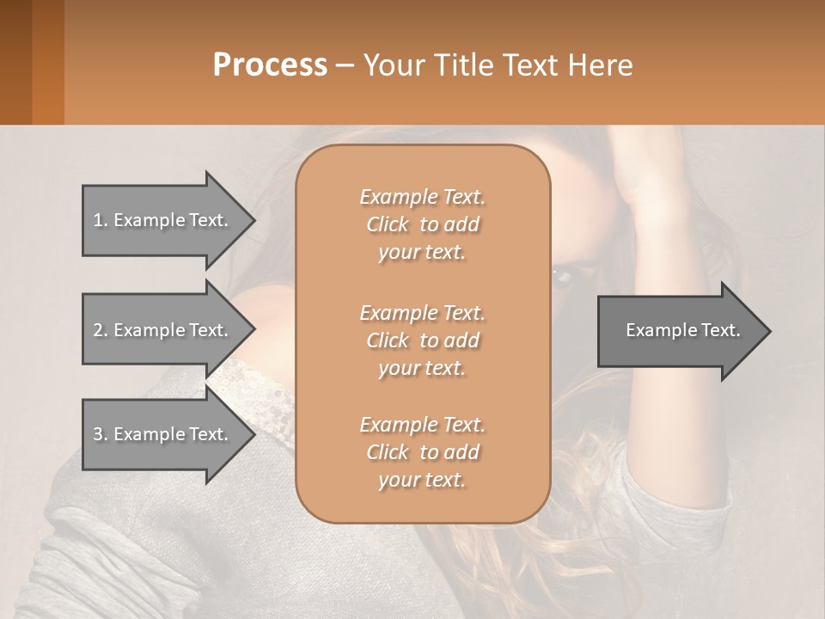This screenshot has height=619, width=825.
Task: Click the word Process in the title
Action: (270, 65)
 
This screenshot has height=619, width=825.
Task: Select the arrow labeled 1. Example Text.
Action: (163, 220)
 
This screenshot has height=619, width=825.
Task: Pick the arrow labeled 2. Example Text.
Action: (163, 330)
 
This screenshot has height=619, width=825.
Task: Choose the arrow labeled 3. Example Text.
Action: (163, 434)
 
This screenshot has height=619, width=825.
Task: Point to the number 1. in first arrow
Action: (101, 220)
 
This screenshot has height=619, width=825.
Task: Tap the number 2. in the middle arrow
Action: (101, 330)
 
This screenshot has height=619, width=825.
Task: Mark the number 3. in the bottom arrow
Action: (101, 434)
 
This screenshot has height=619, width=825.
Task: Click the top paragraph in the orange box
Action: (422, 224)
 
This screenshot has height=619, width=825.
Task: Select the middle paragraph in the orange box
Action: (422, 340)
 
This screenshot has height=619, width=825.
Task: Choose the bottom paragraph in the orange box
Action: (422, 452)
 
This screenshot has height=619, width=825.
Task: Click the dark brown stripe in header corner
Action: (15, 62)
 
